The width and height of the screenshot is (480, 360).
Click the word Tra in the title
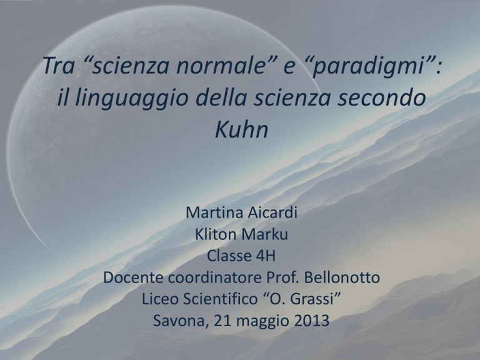pyautogui.click(x=59, y=66)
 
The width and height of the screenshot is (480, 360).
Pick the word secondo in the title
pyautogui.click(x=382, y=97)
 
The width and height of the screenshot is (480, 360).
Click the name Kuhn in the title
pyautogui.click(x=241, y=130)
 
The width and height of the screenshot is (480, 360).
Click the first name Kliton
pyautogui.click(x=216, y=234)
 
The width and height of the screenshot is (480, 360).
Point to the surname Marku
pyautogui.click(x=264, y=234)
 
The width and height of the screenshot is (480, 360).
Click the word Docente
pyautogui.click(x=134, y=277)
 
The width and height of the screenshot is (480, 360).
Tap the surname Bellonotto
pyautogui.click(x=342, y=277)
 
